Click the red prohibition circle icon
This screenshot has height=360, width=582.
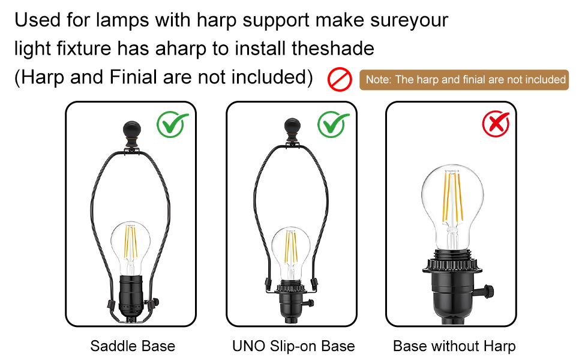339,80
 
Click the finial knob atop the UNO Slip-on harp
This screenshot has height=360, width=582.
291,128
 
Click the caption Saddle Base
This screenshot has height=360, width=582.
133,346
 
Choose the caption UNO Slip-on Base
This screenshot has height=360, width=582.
293,346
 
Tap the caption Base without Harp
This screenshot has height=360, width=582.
454,346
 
